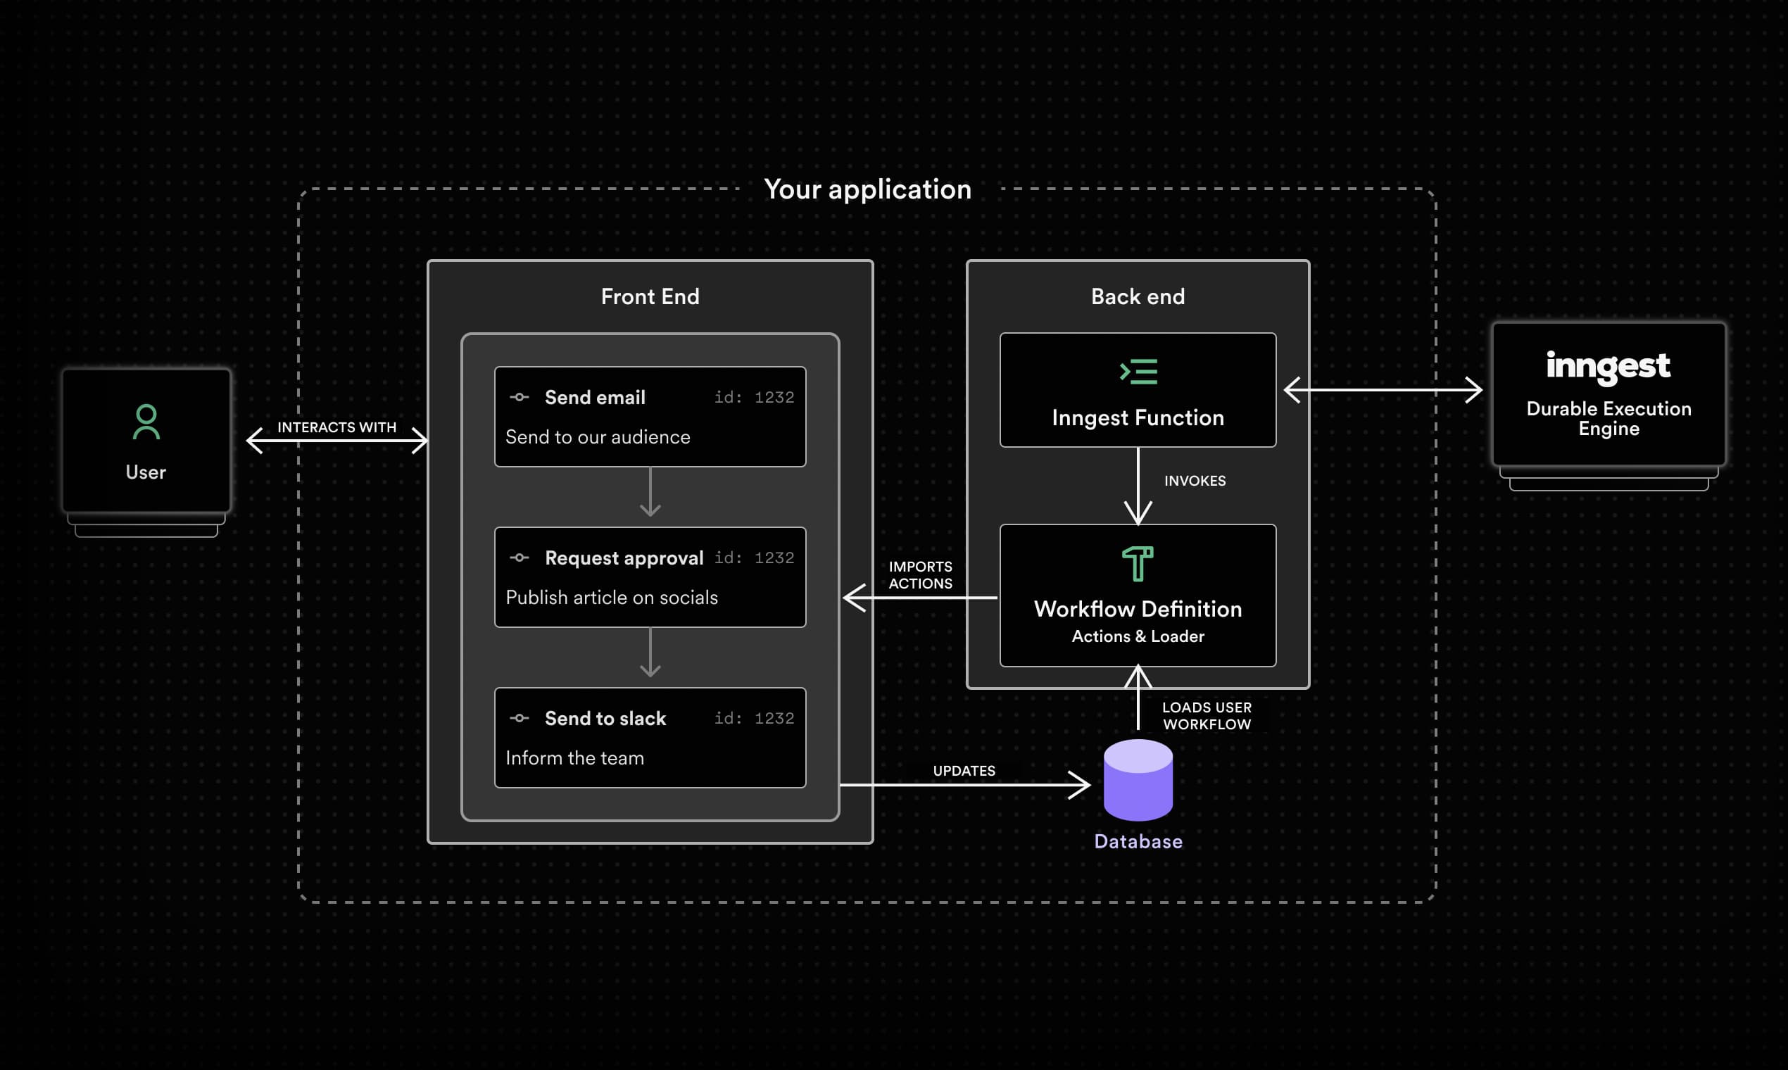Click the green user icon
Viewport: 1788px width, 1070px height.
coord(146,422)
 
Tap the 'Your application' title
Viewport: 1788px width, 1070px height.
coord(867,189)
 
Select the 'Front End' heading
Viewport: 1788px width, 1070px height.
coord(650,296)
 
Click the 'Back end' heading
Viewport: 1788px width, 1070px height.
coord(1137,296)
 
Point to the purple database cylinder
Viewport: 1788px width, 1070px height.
coord(1138,780)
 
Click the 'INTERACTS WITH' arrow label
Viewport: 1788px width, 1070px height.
coord(336,427)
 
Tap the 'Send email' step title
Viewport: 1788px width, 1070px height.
coord(594,397)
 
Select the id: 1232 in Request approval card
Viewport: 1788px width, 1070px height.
coord(753,558)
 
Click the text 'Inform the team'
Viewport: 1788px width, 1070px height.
coord(574,757)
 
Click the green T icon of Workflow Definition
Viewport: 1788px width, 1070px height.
coord(1137,564)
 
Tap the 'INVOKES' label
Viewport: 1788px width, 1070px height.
coord(1194,481)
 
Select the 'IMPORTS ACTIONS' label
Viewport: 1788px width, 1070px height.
coord(920,574)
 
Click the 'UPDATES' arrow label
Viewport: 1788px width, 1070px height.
coord(963,771)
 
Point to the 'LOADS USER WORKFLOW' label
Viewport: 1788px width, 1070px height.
coord(1206,716)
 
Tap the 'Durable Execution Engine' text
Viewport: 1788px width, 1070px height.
coord(1608,418)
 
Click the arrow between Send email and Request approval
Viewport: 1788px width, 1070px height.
coord(650,493)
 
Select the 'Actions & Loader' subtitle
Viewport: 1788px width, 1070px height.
coord(1137,636)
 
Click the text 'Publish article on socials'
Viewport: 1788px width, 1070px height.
coord(612,597)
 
